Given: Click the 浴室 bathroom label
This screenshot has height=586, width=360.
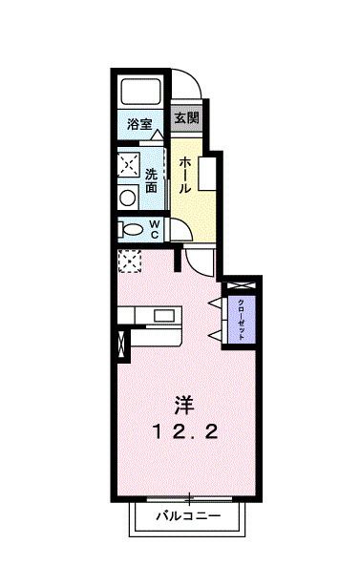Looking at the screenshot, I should tap(141, 123).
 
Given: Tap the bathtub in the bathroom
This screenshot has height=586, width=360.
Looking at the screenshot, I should tap(141, 93).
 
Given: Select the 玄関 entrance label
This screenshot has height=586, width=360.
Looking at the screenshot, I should tap(185, 118).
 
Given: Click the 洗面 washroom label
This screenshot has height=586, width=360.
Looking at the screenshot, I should tap(152, 181).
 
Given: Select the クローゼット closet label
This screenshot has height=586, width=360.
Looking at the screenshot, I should tap(241, 314).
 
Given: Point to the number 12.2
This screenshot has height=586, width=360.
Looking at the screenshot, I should tap(187, 432).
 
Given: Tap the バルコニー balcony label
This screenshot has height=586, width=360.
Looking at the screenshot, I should tap(189, 517).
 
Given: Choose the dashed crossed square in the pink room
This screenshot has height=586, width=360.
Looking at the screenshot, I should tap(129, 259).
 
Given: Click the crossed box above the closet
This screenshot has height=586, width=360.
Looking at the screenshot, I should tap(241, 285).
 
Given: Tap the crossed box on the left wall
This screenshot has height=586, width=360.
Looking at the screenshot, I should tap(120, 346).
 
